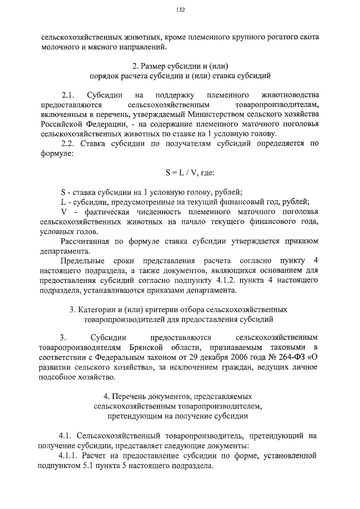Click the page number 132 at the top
pos(180,10)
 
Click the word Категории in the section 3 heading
pos(98,309)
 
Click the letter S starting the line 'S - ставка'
pos(63,191)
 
